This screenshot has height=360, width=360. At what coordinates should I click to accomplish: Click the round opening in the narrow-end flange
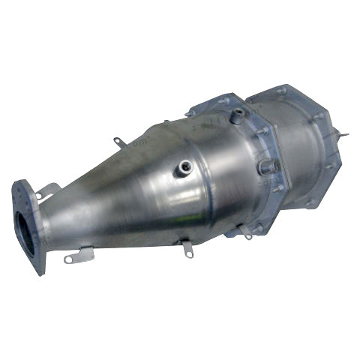[24, 225]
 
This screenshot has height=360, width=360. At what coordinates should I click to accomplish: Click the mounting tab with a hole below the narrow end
[75, 257]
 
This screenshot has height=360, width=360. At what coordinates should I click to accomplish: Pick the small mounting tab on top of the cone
[117, 142]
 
